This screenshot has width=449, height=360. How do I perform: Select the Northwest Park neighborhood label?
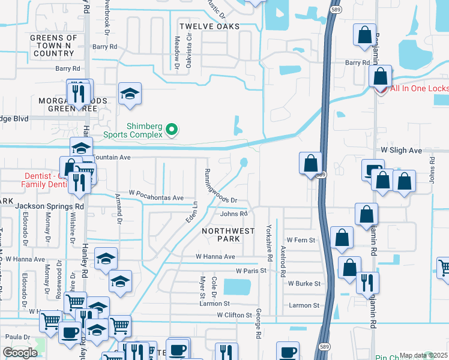click(221, 235)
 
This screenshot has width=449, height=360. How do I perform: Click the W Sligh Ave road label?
click(402, 151)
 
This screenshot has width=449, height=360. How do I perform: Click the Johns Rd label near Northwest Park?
click(234, 214)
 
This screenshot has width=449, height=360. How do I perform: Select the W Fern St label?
click(301, 239)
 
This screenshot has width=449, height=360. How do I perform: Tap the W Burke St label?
click(304, 283)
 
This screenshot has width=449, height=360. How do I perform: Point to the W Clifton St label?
click(235, 314)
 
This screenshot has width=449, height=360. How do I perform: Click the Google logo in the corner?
click(20, 353)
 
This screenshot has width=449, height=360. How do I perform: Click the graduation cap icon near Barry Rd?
click(130, 94)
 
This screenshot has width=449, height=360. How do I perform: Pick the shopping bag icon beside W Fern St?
click(342, 238)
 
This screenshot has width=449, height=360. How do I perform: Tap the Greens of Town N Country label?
click(54, 46)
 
